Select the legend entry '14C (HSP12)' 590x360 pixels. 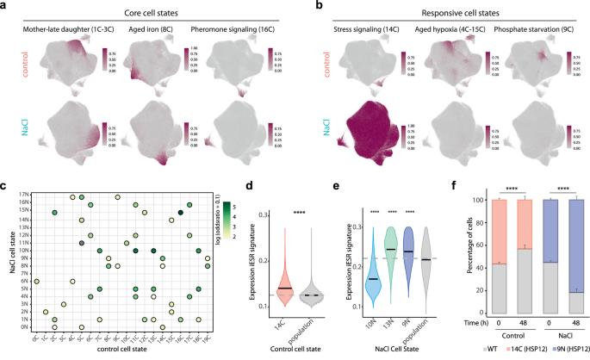tap(516, 352)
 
